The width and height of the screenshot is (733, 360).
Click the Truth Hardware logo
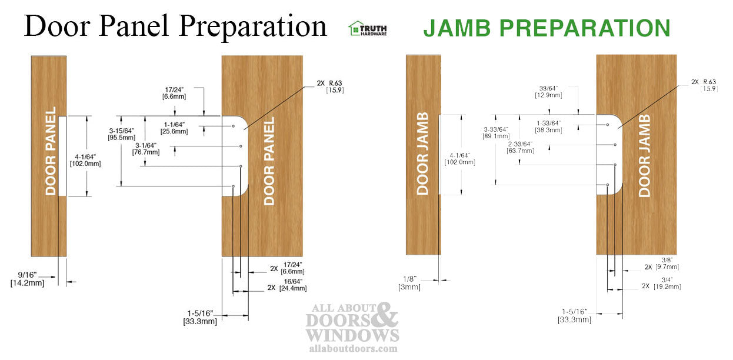point(368,28)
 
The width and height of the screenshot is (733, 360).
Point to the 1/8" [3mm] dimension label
point(409,283)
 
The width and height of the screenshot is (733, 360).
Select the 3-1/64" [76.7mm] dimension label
point(147,148)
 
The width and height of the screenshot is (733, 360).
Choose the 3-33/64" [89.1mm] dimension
point(497,132)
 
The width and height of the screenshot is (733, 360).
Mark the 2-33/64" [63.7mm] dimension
point(520,147)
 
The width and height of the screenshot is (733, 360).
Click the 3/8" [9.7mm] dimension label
point(667,263)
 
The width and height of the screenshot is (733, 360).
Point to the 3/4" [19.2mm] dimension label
point(667,283)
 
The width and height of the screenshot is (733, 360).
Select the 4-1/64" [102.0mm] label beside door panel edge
point(85,160)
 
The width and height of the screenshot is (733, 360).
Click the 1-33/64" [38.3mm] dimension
point(548,126)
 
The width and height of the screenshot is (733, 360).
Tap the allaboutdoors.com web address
point(352,348)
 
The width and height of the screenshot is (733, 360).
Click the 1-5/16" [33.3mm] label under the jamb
point(574,315)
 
